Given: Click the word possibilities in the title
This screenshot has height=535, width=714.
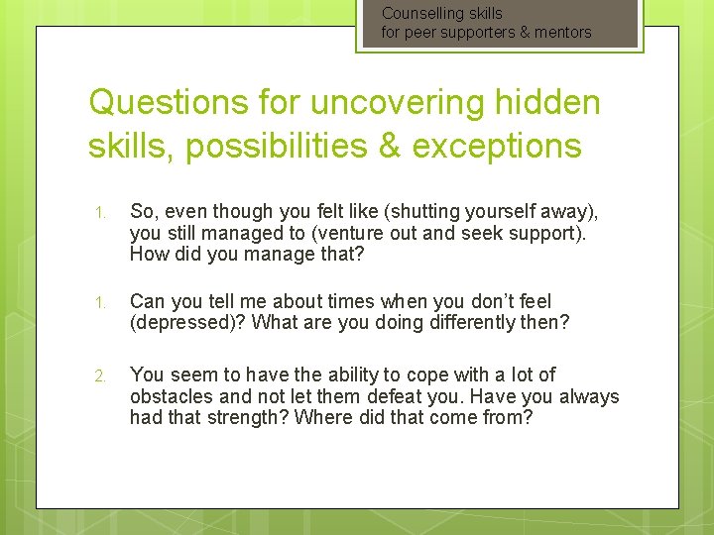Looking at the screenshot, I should (x=296, y=146).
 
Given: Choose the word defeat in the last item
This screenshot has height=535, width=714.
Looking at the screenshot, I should (x=392, y=396).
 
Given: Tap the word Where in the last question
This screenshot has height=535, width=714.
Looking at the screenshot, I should (x=330, y=418).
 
